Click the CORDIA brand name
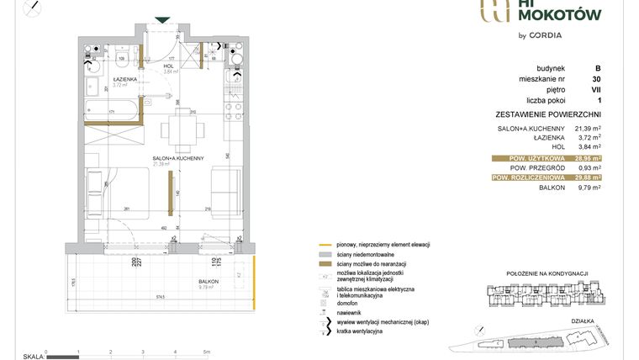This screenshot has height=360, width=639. (x=546, y=35)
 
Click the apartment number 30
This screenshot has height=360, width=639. (x=598, y=78)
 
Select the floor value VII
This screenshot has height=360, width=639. (x=597, y=89)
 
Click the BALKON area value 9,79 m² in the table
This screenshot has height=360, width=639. (x=589, y=188)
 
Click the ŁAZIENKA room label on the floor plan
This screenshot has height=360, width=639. (x=103, y=80)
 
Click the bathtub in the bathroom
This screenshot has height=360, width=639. (x=113, y=108)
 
